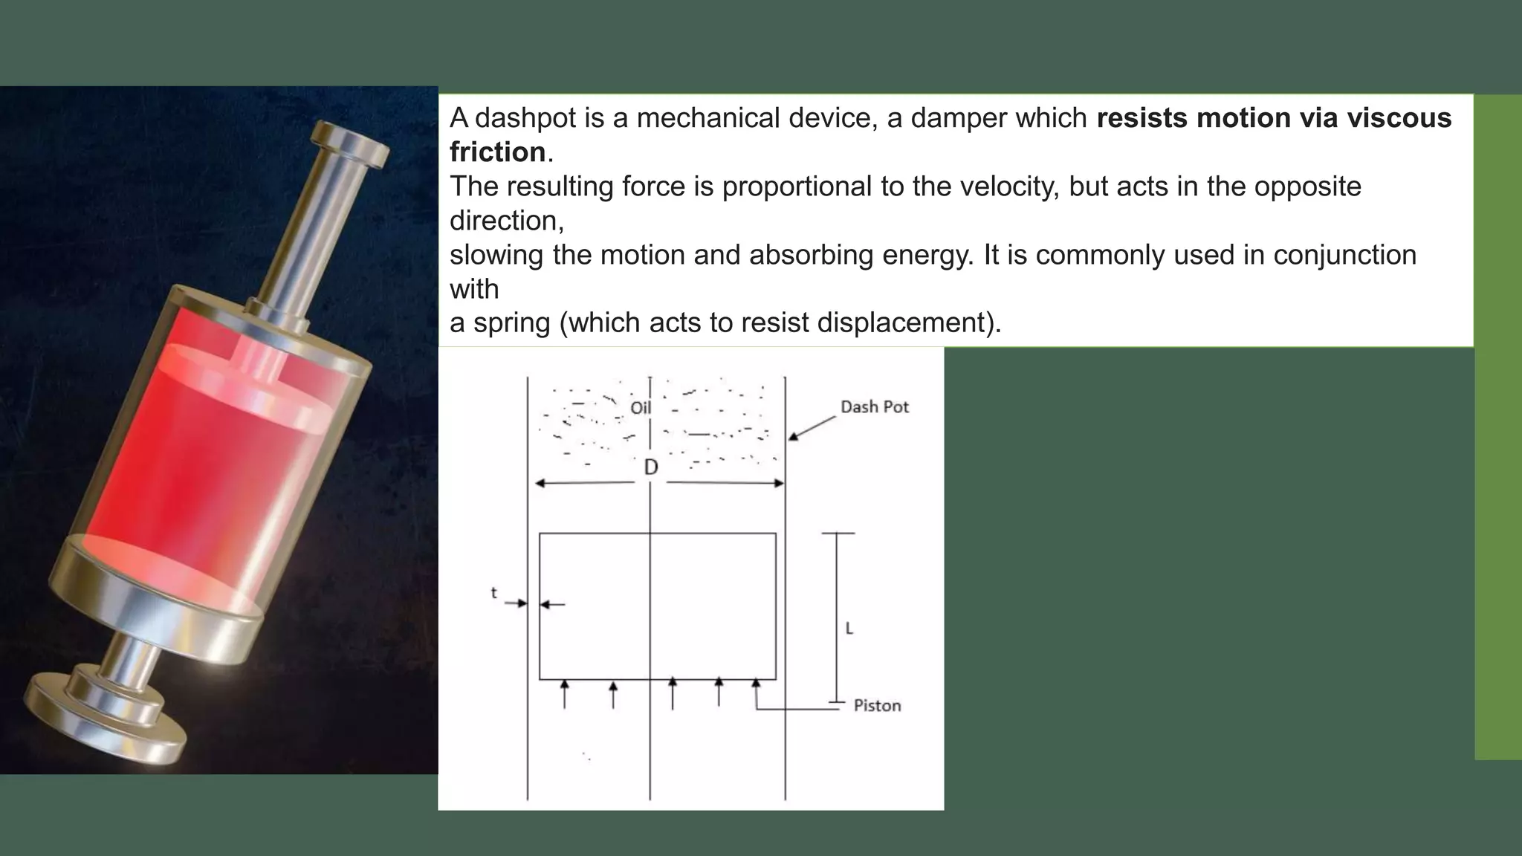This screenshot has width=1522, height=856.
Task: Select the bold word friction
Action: tap(497, 152)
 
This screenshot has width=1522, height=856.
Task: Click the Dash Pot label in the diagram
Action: tap(874, 407)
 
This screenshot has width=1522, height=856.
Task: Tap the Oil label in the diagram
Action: tap(640, 408)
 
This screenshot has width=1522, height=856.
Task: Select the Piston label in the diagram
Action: tap(877, 706)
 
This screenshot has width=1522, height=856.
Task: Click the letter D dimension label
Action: tap(650, 467)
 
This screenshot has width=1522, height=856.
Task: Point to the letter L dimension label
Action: tap(849, 629)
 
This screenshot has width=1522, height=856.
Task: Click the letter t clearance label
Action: tap(493, 593)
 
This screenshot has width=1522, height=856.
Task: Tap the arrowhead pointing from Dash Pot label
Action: tap(793, 436)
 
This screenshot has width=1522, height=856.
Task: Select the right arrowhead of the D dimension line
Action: tap(780, 483)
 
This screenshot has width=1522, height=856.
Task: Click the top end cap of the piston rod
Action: tap(350, 142)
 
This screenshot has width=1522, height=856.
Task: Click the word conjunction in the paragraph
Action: tap(1344, 255)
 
